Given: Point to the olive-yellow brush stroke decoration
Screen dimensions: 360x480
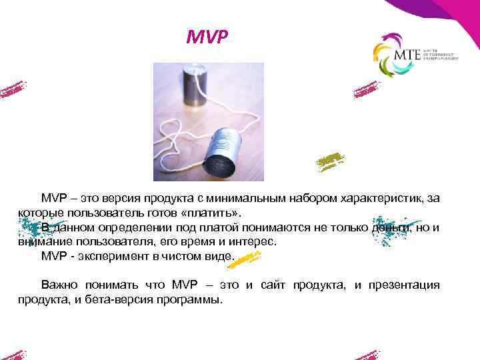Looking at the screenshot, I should (330, 160).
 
